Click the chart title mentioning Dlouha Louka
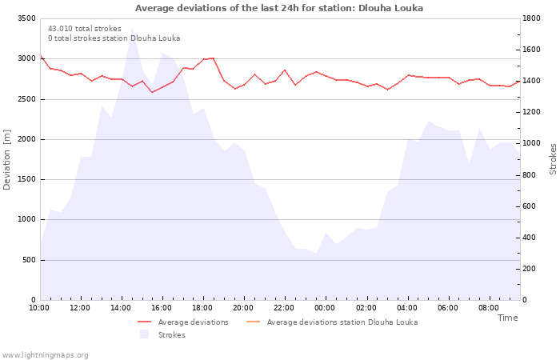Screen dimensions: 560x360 coord(279,8)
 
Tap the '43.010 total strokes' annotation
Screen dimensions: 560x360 coord(85,29)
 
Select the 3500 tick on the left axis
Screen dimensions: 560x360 coord(26,18)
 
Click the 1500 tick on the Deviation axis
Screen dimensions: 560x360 coord(26,179)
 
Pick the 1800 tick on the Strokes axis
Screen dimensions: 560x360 coord(531,18)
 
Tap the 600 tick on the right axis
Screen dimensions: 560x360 coord(529,206)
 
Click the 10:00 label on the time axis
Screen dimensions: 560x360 coord(39,308)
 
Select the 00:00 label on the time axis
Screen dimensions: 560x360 coord(325,308)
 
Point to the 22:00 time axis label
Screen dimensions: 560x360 coord(284,308)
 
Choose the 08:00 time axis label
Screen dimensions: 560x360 coord(489,308)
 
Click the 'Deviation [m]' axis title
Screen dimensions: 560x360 coord(6,160)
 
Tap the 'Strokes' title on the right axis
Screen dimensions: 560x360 coord(553,159)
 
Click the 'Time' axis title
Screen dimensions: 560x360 coord(507,318)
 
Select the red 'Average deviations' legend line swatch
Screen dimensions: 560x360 coord(144,322)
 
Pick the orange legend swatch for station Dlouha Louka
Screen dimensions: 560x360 coord(254,322)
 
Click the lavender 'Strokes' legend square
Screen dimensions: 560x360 coord(144,334)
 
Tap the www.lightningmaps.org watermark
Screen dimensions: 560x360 coord(45,355)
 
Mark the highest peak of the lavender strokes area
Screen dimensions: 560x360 coord(132,27)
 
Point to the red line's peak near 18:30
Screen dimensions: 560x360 coord(213,58)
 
